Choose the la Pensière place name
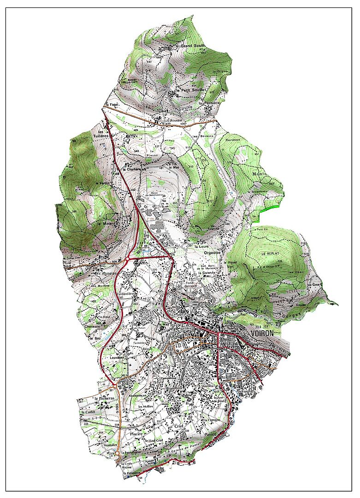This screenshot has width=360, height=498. (207, 103)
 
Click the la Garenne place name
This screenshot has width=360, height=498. (206, 273)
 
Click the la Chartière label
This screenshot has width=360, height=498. (131, 169)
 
